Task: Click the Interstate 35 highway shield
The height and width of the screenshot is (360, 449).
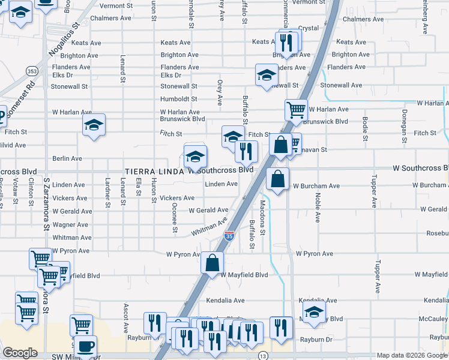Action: point(229,236)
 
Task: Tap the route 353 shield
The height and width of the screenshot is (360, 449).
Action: point(32,71)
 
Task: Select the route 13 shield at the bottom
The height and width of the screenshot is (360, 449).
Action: point(263,356)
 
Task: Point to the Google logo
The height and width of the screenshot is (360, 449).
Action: point(20,353)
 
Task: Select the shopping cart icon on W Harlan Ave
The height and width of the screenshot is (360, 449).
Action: point(296,110)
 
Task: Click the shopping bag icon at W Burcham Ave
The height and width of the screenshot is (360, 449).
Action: point(277,178)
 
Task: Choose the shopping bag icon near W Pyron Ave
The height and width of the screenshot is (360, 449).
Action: point(212,262)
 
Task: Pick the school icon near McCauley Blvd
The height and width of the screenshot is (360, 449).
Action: point(314,312)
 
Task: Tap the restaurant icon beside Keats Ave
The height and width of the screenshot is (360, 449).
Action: point(286,41)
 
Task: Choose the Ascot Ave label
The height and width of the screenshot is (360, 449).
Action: point(126,318)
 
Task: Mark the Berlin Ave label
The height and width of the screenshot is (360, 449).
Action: point(67,158)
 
